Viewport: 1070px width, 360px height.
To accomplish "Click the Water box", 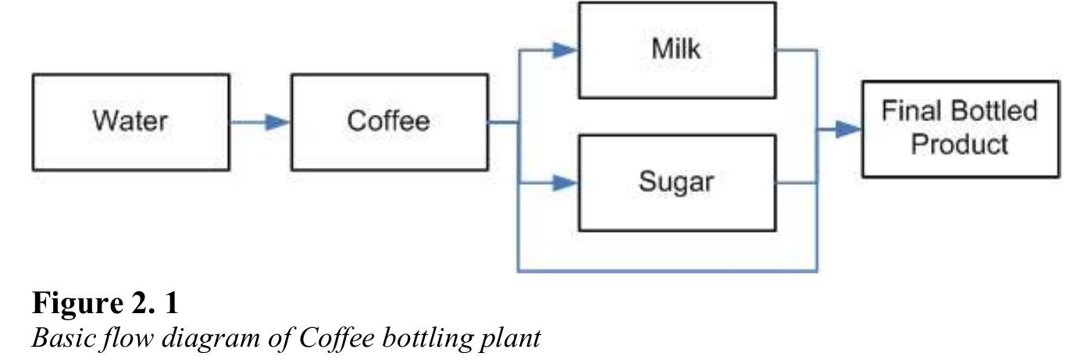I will click(130, 122).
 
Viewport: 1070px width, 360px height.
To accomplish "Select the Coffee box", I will click(389, 122).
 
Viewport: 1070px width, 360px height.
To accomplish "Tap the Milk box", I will click(676, 50).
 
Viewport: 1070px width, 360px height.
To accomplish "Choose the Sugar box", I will click(676, 183).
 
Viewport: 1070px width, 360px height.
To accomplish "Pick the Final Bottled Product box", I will click(960, 128).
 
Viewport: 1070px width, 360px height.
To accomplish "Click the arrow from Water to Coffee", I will click(260, 123).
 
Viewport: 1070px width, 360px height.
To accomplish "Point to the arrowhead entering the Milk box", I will click(565, 50).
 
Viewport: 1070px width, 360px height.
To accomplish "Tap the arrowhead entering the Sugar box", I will click(565, 184).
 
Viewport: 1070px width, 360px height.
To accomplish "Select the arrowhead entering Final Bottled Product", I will click(848, 129).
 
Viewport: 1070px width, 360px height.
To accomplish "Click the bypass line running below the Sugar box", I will click(668, 271).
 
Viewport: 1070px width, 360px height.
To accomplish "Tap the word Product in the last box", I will click(960, 145).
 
